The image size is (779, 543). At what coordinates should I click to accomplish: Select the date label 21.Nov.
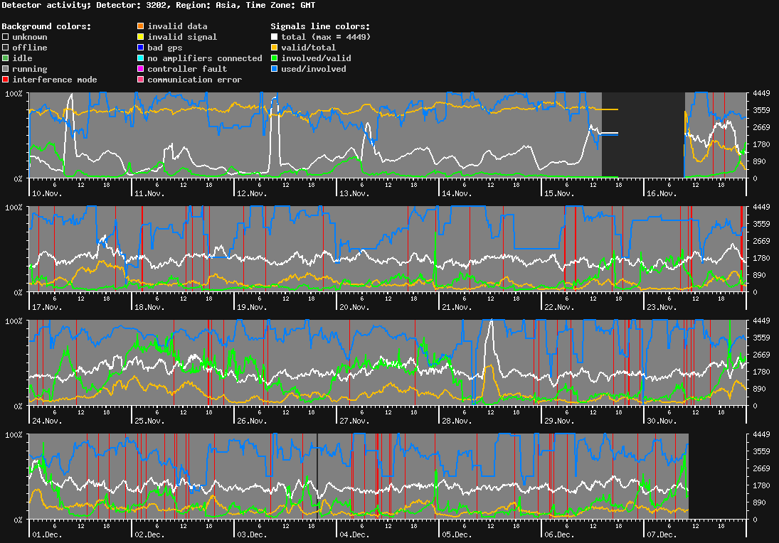(x=457, y=307)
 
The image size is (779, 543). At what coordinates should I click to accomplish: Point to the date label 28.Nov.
(x=457, y=421)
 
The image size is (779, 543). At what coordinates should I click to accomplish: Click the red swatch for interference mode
(x=6, y=80)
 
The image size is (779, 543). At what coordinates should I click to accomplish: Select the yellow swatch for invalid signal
(x=141, y=37)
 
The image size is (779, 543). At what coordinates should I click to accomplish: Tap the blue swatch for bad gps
(x=141, y=48)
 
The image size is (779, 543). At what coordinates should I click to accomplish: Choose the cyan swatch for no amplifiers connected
(x=141, y=58)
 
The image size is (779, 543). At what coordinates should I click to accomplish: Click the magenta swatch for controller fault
(x=141, y=69)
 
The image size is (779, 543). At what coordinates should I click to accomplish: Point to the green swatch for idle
(x=6, y=58)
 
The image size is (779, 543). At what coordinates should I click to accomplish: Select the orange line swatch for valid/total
(x=275, y=48)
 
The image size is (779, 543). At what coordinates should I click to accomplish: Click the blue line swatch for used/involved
(x=275, y=69)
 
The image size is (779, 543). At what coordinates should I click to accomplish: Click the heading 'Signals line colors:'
(x=320, y=26)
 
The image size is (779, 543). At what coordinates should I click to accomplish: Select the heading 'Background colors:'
(x=46, y=26)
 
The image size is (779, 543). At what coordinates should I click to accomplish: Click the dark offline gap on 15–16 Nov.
(x=643, y=135)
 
